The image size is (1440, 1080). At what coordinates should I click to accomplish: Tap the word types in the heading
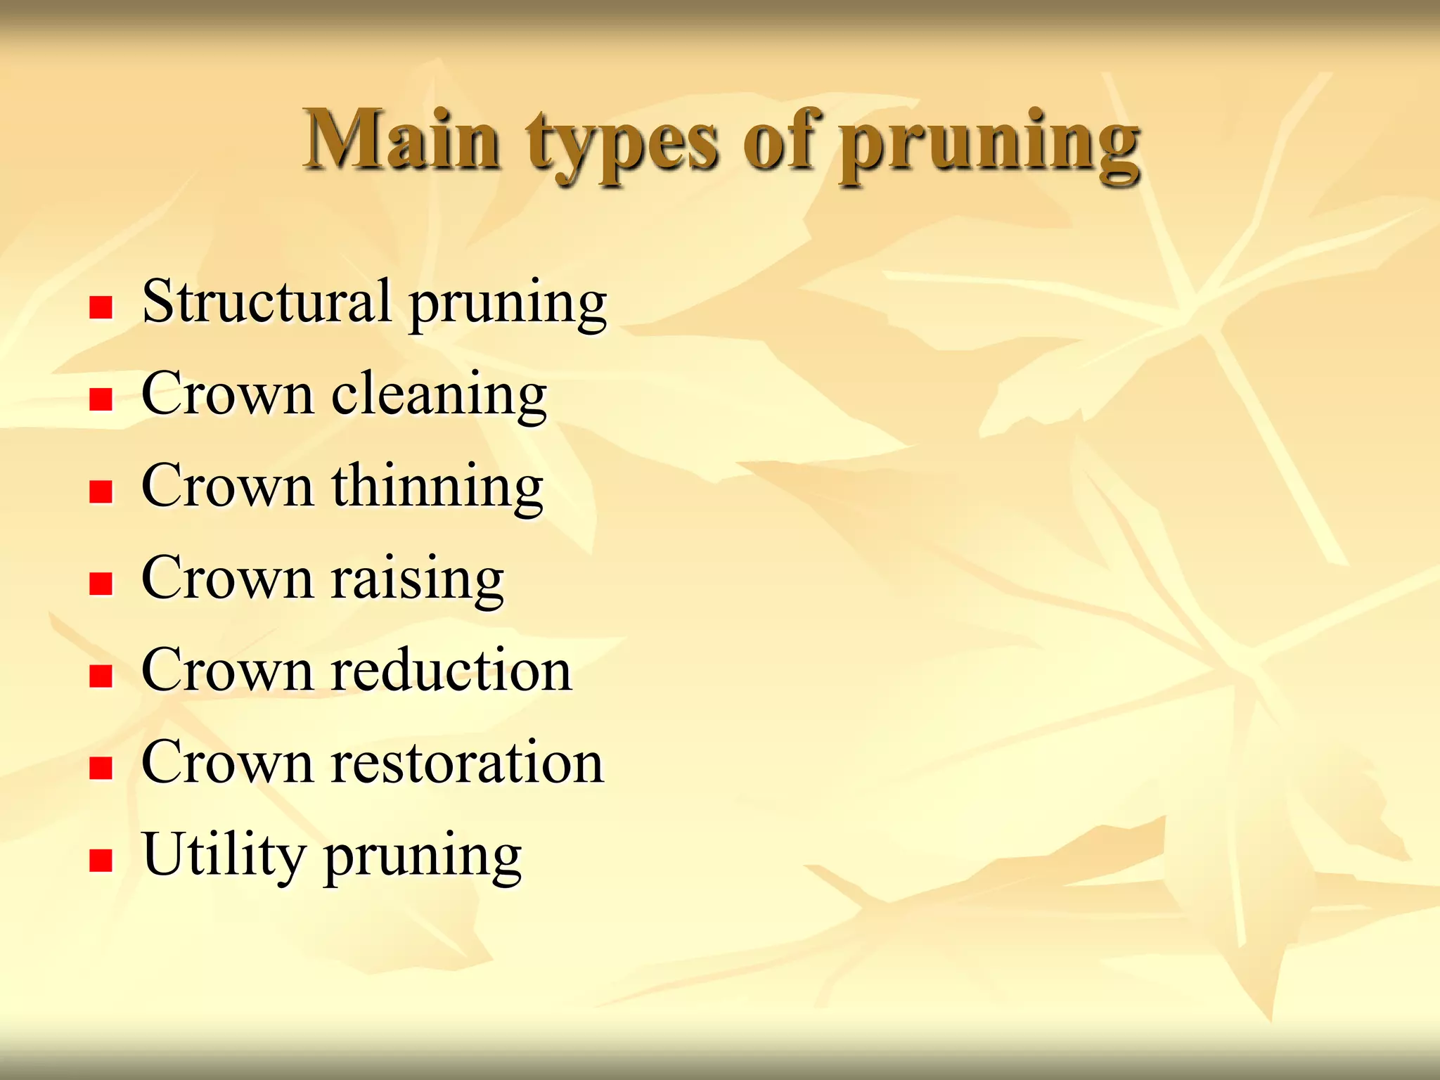(x=623, y=144)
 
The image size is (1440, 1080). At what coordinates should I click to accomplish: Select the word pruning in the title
(x=990, y=144)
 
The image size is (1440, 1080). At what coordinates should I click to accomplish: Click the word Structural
(x=266, y=301)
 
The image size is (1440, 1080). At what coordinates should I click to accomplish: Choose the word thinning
(x=437, y=487)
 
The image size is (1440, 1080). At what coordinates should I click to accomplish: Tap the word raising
(x=418, y=579)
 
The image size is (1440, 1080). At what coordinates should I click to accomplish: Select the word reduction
(x=451, y=670)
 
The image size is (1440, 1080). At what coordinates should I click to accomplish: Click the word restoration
(x=468, y=762)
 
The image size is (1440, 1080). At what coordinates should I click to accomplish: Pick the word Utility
(x=224, y=856)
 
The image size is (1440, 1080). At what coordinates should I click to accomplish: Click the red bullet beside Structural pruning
(x=101, y=307)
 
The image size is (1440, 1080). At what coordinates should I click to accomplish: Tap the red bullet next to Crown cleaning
(x=101, y=399)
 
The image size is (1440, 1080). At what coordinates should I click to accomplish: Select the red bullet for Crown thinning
(x=101, y=491)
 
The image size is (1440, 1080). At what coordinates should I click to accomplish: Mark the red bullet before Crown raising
(x=101, y=584)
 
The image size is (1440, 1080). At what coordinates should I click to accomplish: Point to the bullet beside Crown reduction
(x=101, y=676)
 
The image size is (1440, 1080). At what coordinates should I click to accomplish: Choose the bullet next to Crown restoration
(x=101, y=768)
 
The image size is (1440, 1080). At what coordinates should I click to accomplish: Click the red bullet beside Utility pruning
(x=101, y=860)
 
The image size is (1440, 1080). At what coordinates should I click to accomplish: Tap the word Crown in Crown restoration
(x=226, y=762)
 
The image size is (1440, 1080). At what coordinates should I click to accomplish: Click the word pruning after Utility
(x=423, y=859)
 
